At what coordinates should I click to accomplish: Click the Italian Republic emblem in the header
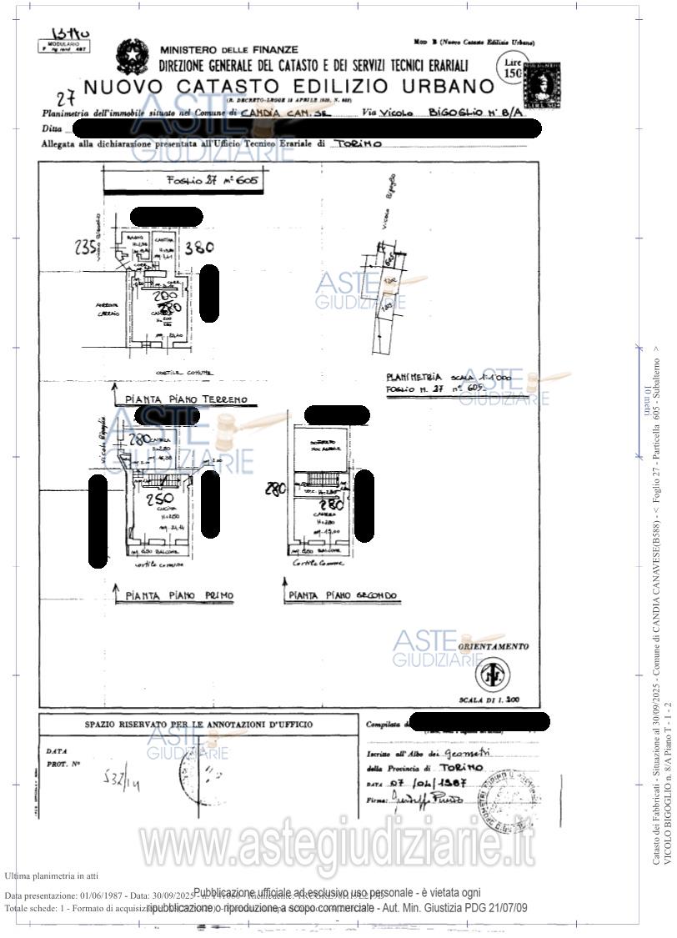tap(132, 56)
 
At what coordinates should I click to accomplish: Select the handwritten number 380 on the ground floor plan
tap(198, 248)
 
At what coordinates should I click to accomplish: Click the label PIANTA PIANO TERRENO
tap(186, 399)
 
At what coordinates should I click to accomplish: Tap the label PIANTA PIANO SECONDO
tap(343, 595)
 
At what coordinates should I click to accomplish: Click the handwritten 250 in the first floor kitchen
tap(160, 500)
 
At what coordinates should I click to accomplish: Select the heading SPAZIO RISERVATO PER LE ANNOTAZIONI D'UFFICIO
tap(198, 725)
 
